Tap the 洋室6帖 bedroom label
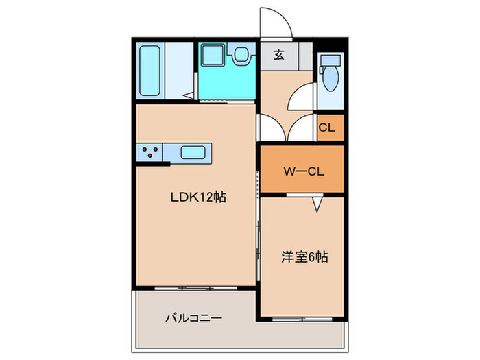[304, 258]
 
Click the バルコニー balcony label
[193, 318]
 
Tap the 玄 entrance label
[280, 56]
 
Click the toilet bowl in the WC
[331, 80]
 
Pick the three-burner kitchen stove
[152, 152]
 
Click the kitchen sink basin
[193, 152]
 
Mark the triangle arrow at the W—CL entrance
[317, 204]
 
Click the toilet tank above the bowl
[331, 60]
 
